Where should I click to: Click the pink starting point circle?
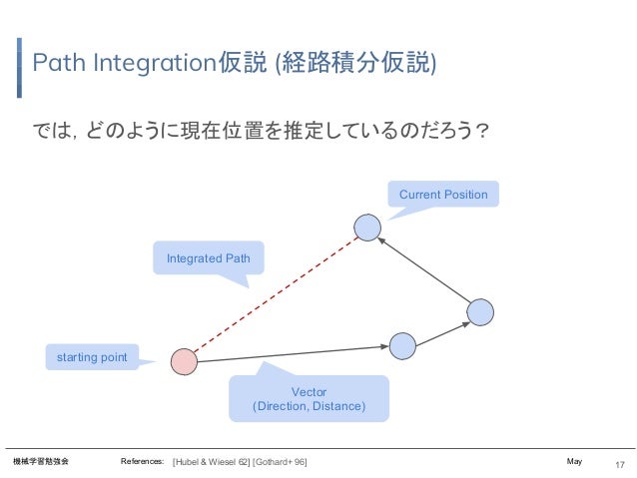(x=184, y=361)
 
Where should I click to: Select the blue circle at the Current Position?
(x=367, y=228)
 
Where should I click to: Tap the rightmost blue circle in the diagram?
(x=481, y=312)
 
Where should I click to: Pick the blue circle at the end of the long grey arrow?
(x=402, y=345)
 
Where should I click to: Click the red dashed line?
(x=276, y=294)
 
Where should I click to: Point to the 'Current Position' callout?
(x=443, y=194)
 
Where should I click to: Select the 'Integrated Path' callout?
(x=208, y=258)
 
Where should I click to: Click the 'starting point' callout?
(x=92, y=357)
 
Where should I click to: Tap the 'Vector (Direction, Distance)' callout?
(x=309, y=399)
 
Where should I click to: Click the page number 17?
(x=619, y=464)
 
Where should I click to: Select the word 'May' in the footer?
(x=574, y=462)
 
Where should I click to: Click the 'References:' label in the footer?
(x=142, y=462)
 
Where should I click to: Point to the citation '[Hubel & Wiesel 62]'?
(x=211, y=462)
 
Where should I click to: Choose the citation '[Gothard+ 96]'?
(x=280, y=462)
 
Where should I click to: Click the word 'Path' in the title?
(x=56, y=64)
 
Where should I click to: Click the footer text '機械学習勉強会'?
(x=41, y=462)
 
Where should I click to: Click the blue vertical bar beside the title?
(x=20, y=68)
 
